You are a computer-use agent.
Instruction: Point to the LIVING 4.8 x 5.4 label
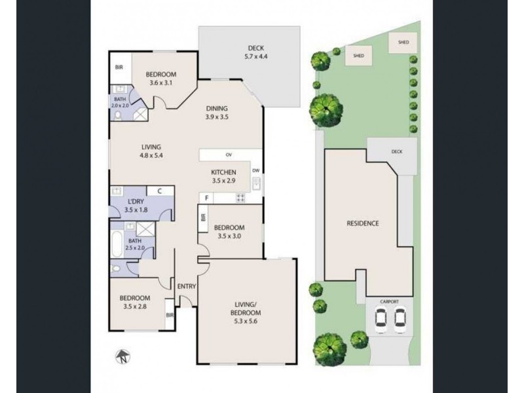[x=150, y=151]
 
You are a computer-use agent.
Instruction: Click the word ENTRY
[x=187, y=286]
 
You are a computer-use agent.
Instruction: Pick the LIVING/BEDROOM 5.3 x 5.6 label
[x=247, y=308]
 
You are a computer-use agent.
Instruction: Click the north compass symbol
[x=121, y=358]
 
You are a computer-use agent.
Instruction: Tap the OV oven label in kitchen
[x=229, y=155]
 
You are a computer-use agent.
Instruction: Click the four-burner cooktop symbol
[x=240, y=197]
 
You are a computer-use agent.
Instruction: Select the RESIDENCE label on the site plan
[x=362, y=223]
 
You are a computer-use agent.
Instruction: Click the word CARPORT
[x=389, y=303]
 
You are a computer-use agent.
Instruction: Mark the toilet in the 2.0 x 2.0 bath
[x=119, y=114]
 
